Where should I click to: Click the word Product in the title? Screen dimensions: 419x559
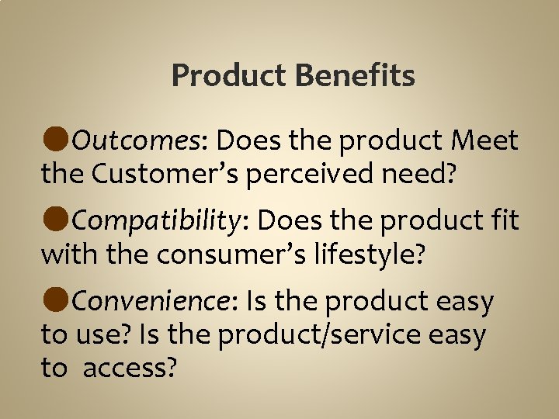228,76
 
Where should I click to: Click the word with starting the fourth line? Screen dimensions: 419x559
64,255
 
